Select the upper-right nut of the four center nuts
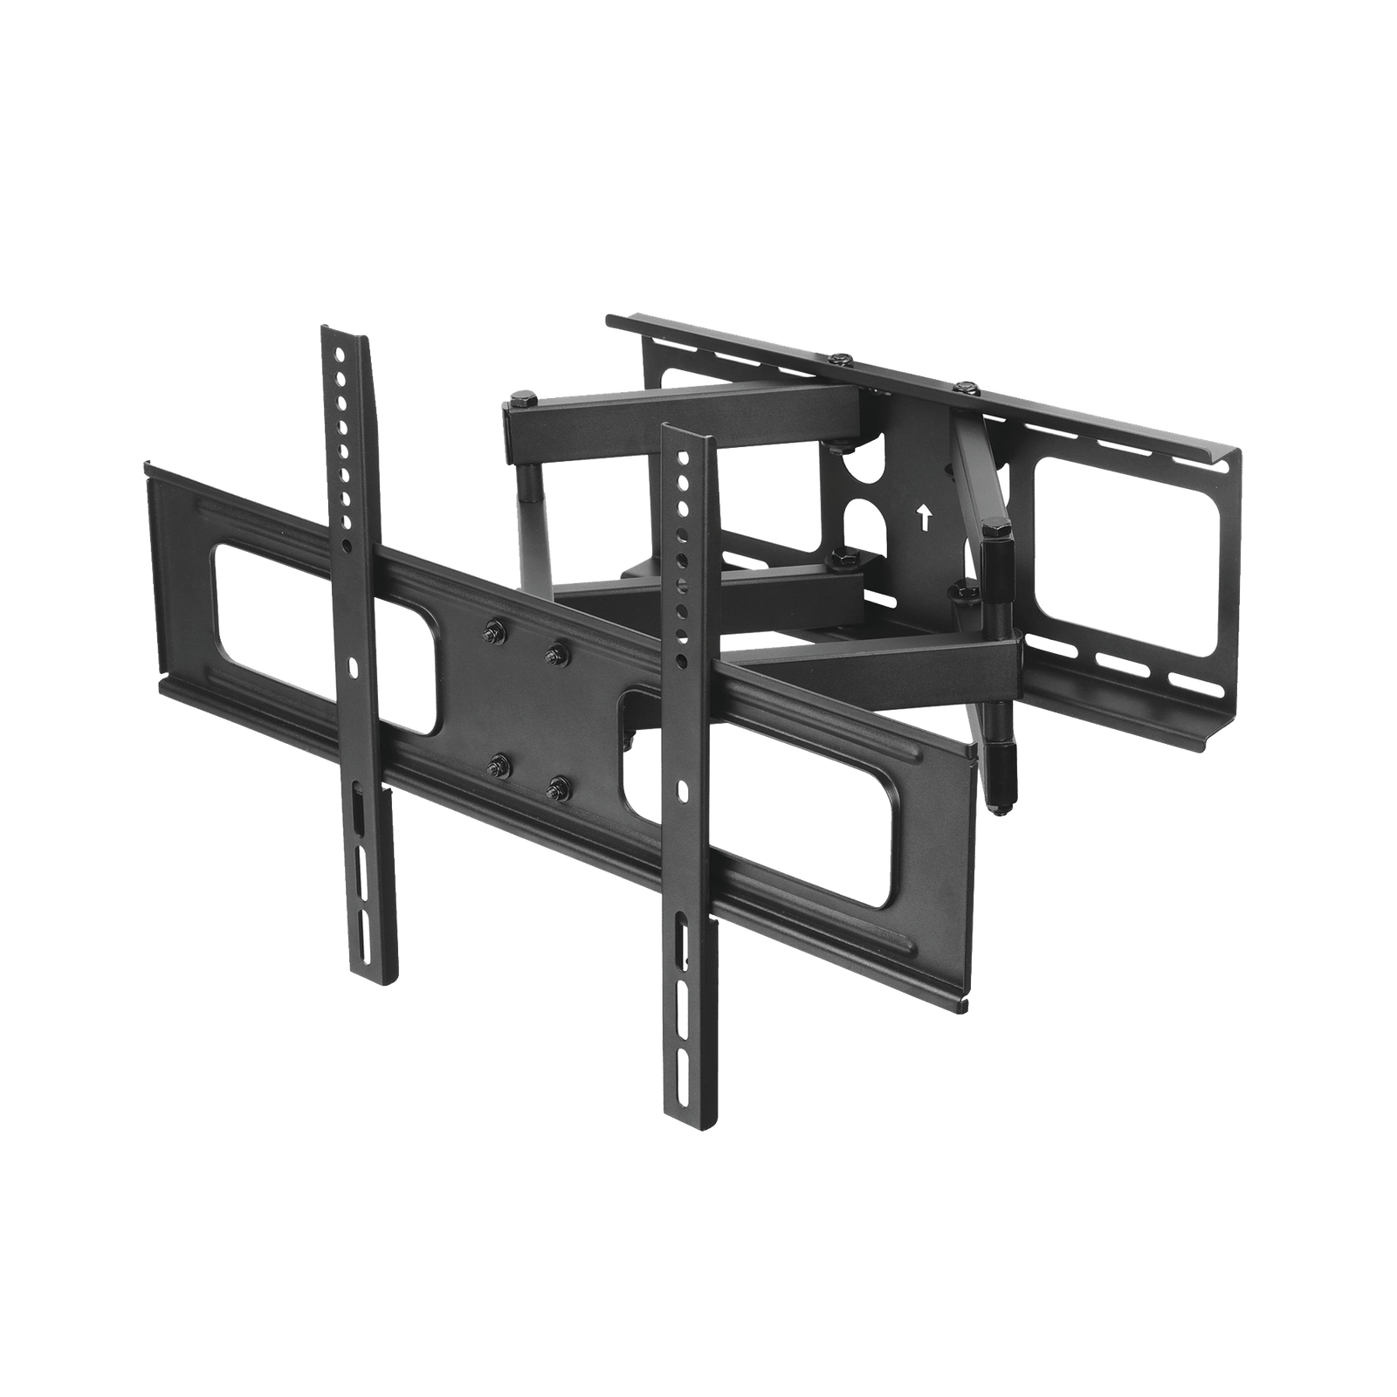click(x=553, y=653)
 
